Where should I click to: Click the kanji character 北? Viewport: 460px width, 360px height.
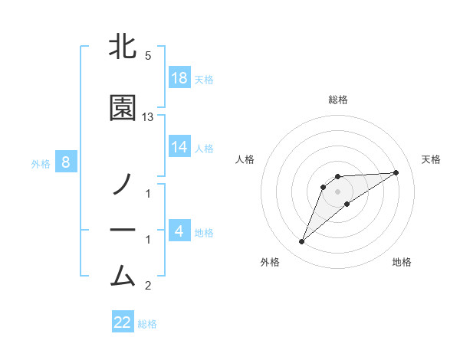click(123, 46)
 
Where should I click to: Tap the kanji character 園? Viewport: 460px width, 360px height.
click(123, 108)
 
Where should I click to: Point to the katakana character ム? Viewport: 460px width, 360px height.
click(123, 273)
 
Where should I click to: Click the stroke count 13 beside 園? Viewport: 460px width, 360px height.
click(148, 116)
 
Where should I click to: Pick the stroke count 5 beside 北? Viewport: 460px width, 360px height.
click(148, 56)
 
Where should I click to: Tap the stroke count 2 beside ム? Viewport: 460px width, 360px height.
click(148, 286)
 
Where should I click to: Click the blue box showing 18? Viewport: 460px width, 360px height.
click(179, 78)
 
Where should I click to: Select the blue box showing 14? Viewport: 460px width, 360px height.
click(179, 147)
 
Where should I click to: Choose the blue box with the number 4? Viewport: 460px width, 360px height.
click(179, 231)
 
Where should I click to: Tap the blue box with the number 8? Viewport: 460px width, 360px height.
click(66, 162)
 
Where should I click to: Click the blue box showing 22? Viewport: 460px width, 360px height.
click(123, 322)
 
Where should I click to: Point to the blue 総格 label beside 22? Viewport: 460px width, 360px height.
click(147, 324)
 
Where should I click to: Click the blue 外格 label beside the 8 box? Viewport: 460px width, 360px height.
click(41, 163)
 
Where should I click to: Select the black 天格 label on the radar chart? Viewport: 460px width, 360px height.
click(432, 159)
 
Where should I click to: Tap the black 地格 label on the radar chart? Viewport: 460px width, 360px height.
click(402, 263)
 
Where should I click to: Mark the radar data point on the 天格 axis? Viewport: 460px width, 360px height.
click(396, 172)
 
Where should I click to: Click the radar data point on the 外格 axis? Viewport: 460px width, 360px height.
click(301, 242)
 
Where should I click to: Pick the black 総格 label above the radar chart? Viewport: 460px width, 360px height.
click(338, 100)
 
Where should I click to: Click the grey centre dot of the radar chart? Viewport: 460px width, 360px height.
click(338, 191)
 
